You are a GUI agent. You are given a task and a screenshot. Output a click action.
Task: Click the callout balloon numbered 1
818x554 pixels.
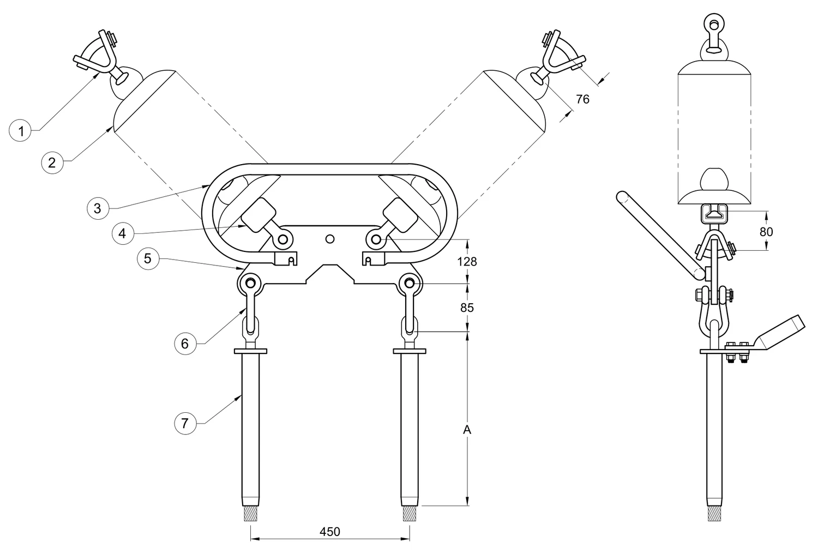click(21, 130)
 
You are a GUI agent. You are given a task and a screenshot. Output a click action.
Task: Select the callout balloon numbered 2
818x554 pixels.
click(52, 162)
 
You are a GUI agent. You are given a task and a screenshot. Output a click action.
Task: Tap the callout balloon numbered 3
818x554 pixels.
click(98, 208)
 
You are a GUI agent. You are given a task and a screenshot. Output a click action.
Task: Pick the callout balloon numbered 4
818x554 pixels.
click(123, 233)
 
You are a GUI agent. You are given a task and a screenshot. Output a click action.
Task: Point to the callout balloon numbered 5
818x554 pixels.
click(148, 258)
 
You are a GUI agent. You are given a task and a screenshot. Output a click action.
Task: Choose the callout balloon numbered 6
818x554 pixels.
click(185, 344)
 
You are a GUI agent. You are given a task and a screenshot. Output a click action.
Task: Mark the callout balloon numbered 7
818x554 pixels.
click(185, 423)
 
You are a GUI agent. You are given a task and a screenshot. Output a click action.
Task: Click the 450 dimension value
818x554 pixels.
click(330, 531)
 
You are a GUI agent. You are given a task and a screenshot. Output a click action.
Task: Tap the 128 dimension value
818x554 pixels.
click(467, 262)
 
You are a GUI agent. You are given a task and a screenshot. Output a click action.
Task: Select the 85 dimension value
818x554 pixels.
click(467, 308)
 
